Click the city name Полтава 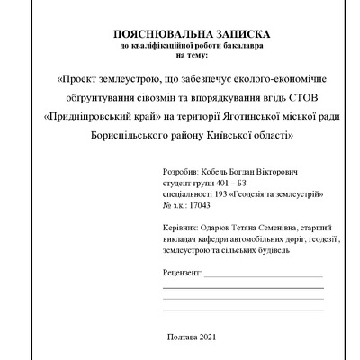[184, 336]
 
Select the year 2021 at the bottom [209, 336]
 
